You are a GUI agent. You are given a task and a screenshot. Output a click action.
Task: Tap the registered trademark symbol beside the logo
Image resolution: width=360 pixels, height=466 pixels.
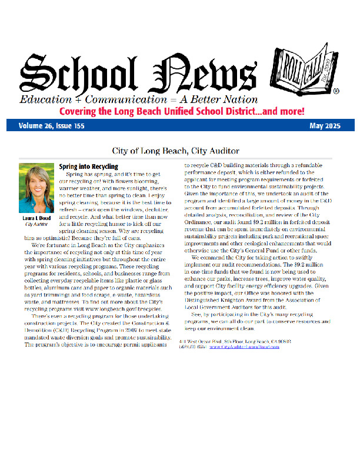[336, 92]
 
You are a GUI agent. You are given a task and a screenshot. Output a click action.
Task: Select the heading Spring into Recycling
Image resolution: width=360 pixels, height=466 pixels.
[89, 167]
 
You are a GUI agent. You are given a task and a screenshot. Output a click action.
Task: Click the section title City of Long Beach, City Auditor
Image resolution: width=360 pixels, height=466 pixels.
[180, 150]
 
